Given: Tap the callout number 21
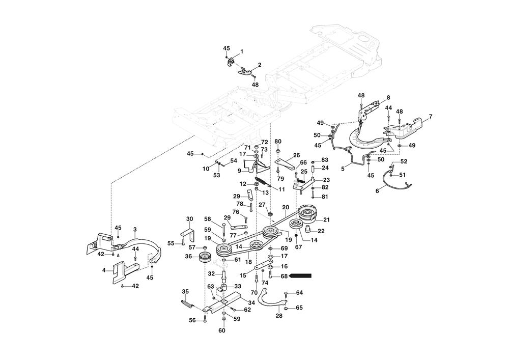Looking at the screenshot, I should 326,219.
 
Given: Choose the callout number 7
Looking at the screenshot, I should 431,117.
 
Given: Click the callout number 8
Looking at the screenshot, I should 388,97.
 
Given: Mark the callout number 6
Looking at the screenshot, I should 377,191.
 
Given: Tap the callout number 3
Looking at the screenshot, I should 135,230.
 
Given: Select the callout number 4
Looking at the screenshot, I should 104,270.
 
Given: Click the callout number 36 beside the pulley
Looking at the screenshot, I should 188,257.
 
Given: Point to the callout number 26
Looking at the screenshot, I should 296,155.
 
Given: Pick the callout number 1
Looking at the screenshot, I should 242,51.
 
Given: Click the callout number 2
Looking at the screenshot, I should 260,65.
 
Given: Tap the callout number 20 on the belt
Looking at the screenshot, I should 286,207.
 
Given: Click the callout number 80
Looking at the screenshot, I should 278,141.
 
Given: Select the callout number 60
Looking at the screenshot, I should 222,330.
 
